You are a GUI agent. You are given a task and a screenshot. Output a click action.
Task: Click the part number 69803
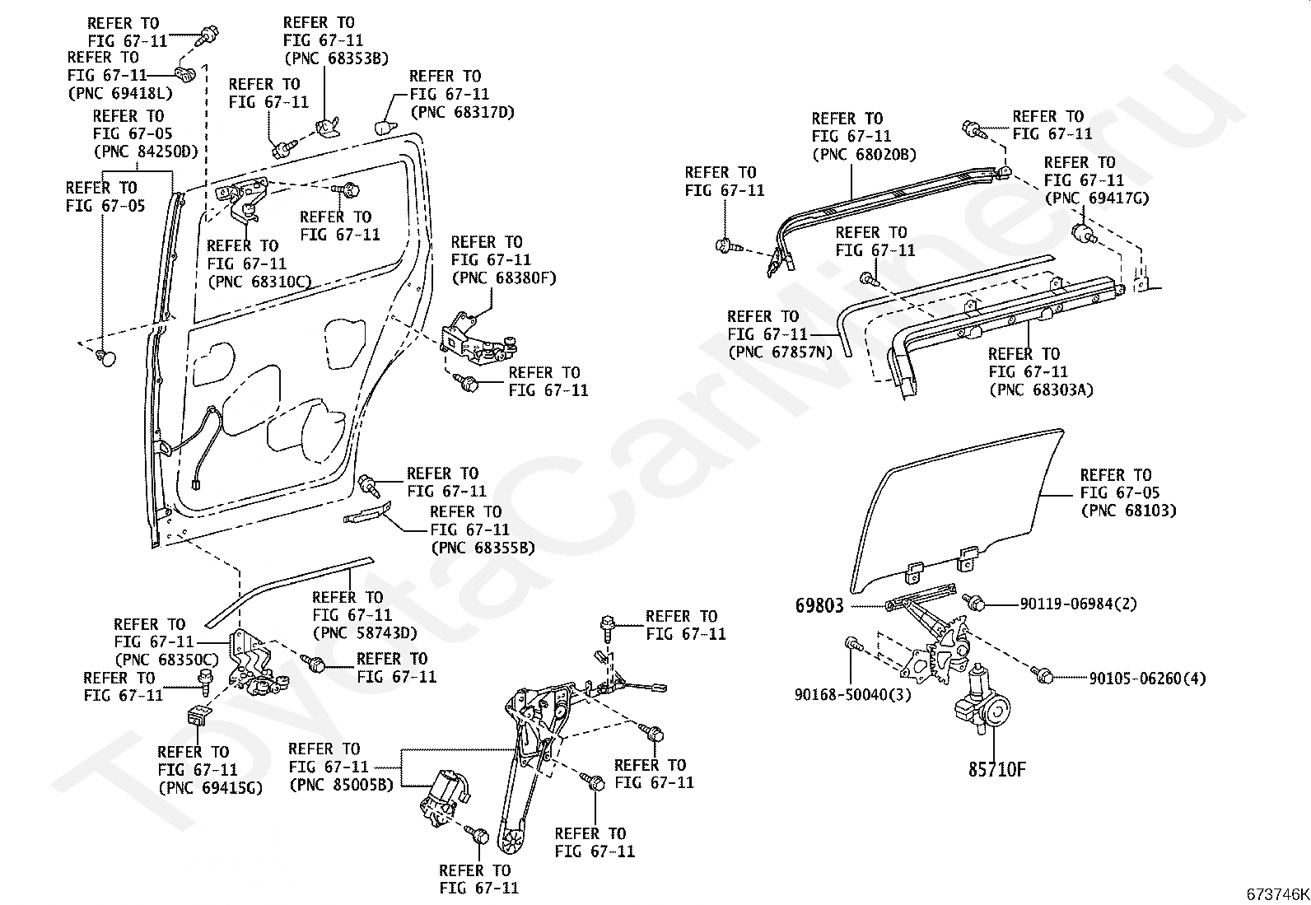coord(819,605)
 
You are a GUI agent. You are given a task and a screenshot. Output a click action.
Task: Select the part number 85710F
coord(997,769)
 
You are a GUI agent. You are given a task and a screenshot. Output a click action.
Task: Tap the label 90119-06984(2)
coord(1079,604)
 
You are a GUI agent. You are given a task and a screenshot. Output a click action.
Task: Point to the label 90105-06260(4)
coord(1148,679)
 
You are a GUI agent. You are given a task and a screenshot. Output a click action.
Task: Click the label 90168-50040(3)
coord(853,695)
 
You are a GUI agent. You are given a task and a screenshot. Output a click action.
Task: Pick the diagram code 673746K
coord(1277,894)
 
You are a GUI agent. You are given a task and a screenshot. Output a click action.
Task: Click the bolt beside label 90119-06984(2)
coord(972,602)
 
